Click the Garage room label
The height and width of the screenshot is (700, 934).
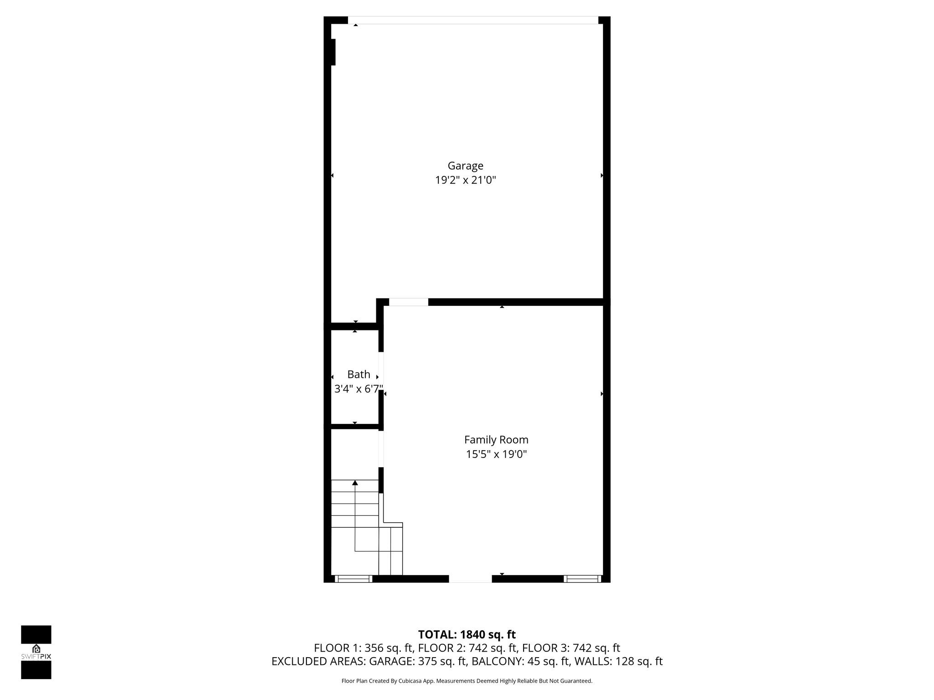[x=465, y=166]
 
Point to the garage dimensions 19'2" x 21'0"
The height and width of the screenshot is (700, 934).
[x=465, y=180]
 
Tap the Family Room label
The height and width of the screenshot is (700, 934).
[x=496, y=440]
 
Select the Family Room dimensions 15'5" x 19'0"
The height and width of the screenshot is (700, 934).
[x=496, y=454]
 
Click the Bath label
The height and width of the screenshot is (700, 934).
[x=358, y=375]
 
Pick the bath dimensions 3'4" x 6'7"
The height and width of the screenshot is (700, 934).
[x=358, y=389]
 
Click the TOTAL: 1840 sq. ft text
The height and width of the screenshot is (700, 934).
[x=467, y=634]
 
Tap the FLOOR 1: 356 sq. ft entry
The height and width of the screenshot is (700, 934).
[x=364, y=648]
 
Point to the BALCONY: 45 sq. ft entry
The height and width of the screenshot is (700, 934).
[x=520, y=661]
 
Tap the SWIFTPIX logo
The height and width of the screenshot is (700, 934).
[x=36, y=652]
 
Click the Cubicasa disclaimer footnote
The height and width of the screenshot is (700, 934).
[x=467, y=681]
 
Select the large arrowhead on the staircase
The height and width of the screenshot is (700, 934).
[x=355, y=483]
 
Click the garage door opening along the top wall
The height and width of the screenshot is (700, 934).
[x=473, y=20]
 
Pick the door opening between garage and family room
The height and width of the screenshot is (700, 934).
[x=408, y=302]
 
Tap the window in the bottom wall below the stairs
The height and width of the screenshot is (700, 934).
[x=353, y=579]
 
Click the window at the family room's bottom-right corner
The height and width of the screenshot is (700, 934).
[x=582, y=579]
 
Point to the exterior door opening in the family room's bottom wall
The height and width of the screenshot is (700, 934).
[x=470, y=579]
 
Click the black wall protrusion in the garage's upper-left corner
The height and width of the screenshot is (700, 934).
[x=332, y=52]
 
